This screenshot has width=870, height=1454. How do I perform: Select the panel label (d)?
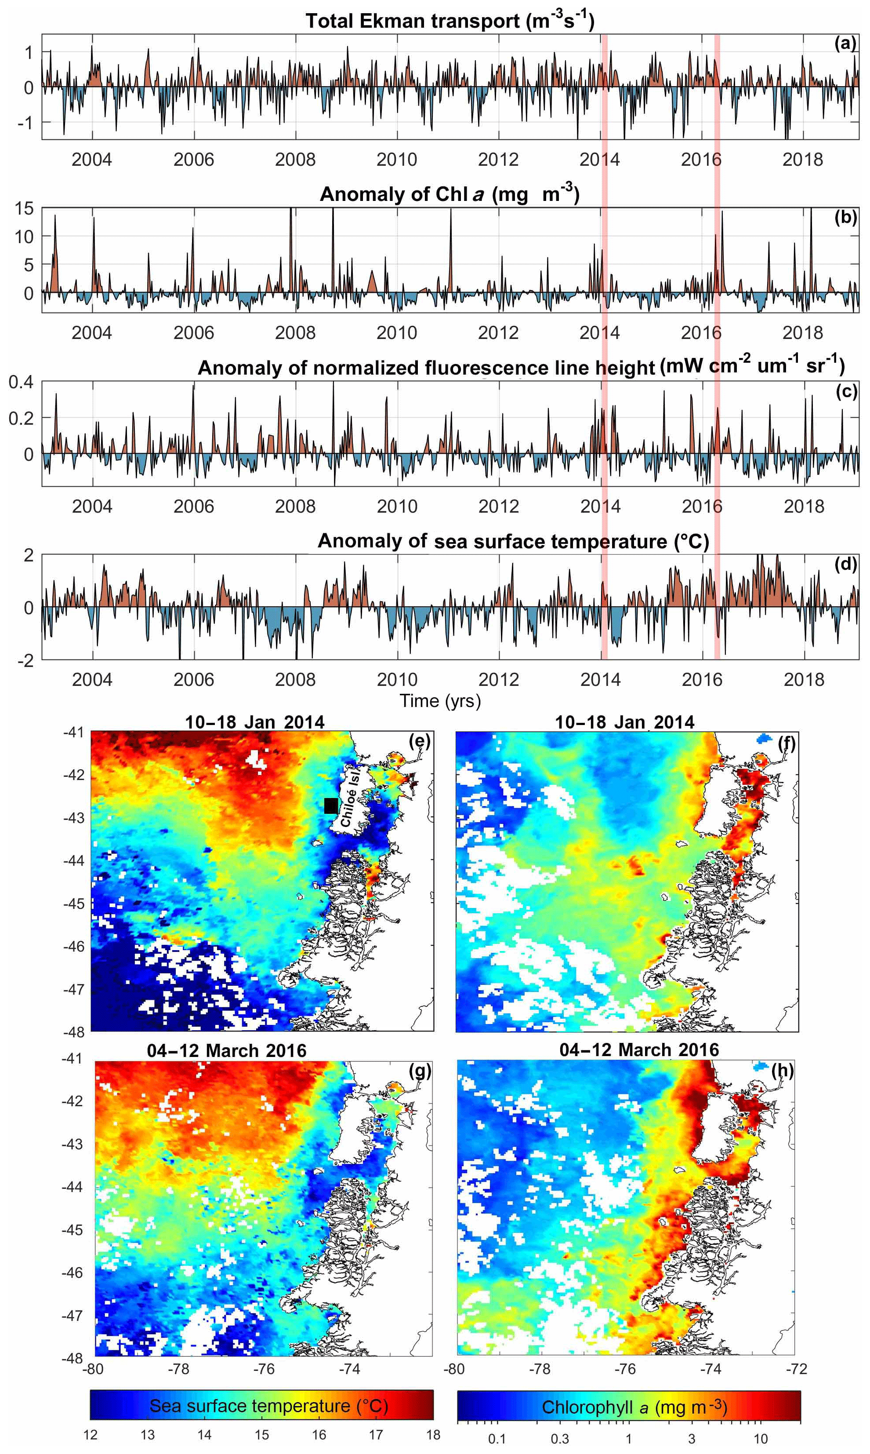(x=845, y=564)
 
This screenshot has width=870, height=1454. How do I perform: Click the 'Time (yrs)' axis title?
(x=440, y=700)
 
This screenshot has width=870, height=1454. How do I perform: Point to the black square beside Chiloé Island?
(x=331, y=805)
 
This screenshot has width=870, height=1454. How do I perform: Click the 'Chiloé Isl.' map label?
(x=350, y=798)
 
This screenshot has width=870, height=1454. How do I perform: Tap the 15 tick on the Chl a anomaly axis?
(x=24, y=208)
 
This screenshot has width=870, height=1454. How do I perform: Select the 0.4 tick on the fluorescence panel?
(x=21, y=383)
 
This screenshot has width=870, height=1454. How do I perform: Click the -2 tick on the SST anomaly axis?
(x=25, y=660)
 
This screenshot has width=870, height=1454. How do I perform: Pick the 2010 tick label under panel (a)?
(x=397, y=160)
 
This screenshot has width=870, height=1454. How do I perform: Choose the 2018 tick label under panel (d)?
(x=804, y=679)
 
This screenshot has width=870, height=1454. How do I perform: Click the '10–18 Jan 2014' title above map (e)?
(x=254, y=722)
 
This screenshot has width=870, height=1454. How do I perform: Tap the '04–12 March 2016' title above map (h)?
(x=639, y=1050)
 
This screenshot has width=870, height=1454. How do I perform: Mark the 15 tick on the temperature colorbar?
(x=261, y=1435)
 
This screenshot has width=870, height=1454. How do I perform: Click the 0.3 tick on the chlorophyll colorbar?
(x=559, y=1438)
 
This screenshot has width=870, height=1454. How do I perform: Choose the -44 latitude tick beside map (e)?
(x=74, y=860)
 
